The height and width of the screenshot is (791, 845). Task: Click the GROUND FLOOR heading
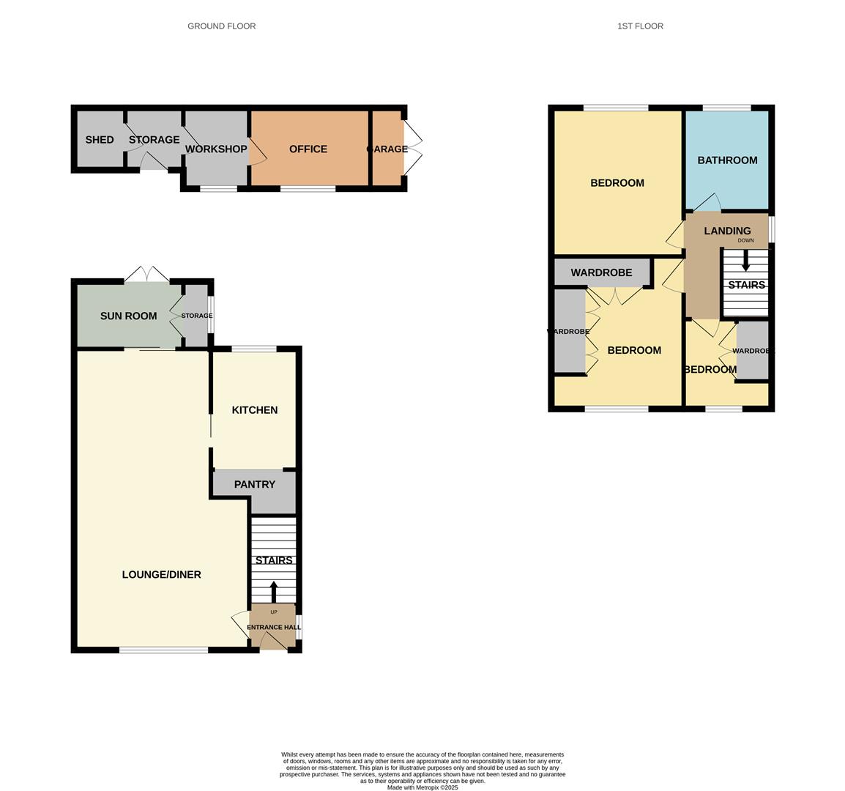click(221, 26)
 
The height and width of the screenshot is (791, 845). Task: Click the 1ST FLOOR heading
click(640, 26)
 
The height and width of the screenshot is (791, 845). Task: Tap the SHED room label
click(100, 140)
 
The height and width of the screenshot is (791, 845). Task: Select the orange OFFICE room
click(310, 148)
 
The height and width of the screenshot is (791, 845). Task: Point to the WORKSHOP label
click(216, 149)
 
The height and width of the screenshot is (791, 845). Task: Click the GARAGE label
click(387, 149)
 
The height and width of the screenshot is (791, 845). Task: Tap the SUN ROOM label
click(128, 316)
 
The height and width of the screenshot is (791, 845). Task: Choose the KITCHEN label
click(255, 410)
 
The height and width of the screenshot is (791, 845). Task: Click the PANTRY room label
click(254, 484)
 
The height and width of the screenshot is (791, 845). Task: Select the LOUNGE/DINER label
click(162, 575)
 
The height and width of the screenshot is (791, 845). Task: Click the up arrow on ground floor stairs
click(273, 592)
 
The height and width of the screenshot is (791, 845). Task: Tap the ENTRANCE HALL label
click(274, 627)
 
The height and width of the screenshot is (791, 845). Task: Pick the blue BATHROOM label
click(728, 160)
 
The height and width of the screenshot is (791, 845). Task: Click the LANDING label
click(728, 231)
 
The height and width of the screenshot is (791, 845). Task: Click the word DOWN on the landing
click(746, 240)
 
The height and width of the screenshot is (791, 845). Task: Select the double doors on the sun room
click(147, 274)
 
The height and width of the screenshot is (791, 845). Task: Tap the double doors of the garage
click(413, 148)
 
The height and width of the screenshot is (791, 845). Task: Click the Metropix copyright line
click(422, 787)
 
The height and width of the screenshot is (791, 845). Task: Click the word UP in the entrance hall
click(274, 612)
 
